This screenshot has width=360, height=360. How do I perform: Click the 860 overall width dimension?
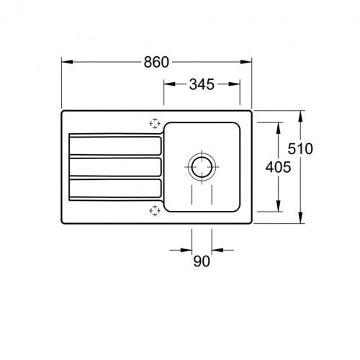pyautogui.click(x=156, y=62)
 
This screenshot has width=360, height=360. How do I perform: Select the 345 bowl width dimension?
pyautogui.click(x=202, y=84)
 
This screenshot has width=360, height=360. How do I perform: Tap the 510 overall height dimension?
pyautogui.click(x=300, y=148)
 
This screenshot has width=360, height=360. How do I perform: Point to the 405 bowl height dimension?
pyautogui.click(x=278, y=167)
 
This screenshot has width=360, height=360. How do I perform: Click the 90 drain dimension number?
pyautogui.click(x=202, y=261)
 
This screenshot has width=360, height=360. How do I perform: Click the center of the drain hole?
pyautogui.click(x=202, y=167)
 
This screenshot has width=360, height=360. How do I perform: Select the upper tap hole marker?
pyautogui.click(x=155, y=123)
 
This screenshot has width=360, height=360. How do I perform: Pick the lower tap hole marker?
pyautogui.click(x=155, y=210)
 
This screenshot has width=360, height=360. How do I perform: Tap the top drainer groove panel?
pyautogui.click(x=115, y=145)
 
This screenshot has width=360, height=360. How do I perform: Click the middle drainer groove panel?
pyautogui.click(x=115, y=167)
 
